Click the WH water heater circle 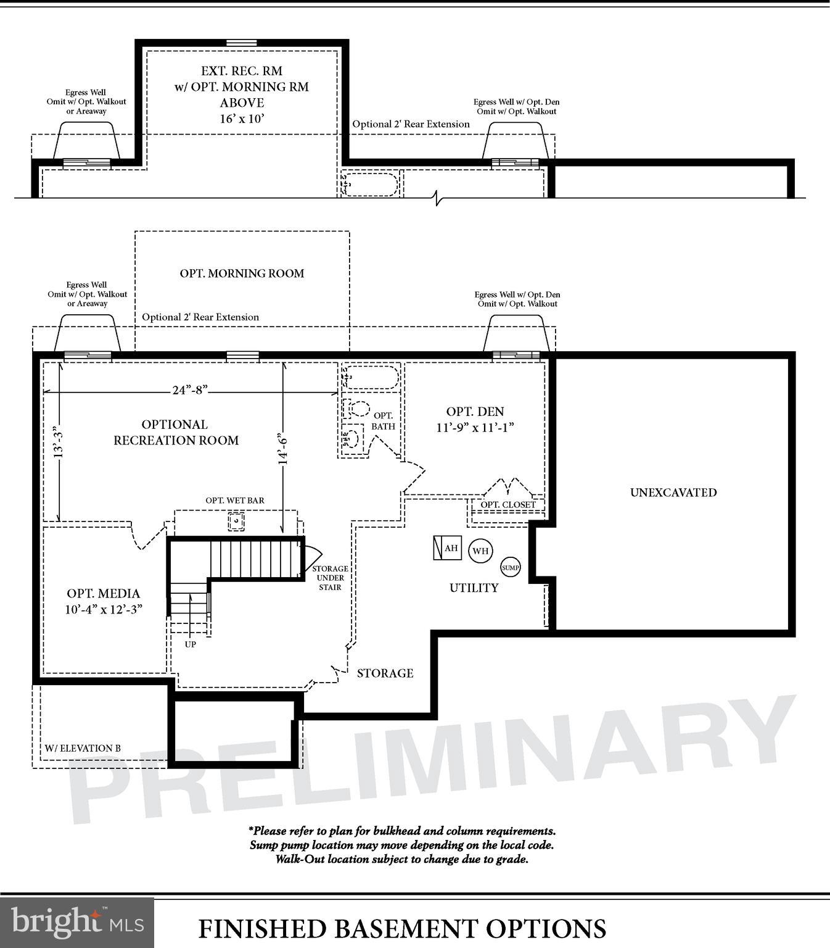pos(480,551)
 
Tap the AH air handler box pos(448,547)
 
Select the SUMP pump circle pos(510,567)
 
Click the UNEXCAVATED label pos(673,493)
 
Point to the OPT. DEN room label pos(475,412)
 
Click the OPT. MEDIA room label pos(104,594)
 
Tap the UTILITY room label pos(474,588)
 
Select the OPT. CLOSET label pos(508,505)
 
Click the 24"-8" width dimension pos(190,390)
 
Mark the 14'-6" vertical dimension pos(282,448)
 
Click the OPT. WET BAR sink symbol pos(236,522)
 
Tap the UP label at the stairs pos(191,644)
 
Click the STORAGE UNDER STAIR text pos(330,578)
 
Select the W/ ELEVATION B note pos(83,748)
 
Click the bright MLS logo pos(77,922)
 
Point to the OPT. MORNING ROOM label pos(242,273)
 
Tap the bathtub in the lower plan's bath pos(370,376)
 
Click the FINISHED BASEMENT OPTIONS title pos(402,928)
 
